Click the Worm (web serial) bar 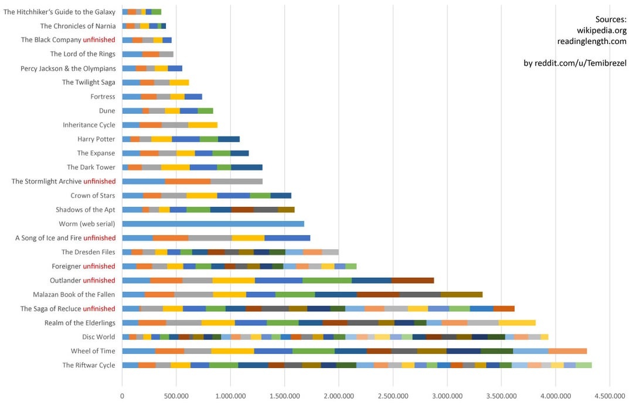click(213, 224)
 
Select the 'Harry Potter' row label click(96, 139)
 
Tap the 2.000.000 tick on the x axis click(339, 396)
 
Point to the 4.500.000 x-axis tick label click(610, 396)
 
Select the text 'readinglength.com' click(591, 41)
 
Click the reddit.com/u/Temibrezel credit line click(575, 63)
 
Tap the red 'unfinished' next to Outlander click(100, 280)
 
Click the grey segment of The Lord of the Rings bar click(166, 54)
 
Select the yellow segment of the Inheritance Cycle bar click(203, 125)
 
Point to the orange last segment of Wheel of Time click(567, 351)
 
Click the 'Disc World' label click(98, 337)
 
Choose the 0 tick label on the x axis click(122, 396)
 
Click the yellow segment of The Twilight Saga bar click(179, 82)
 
